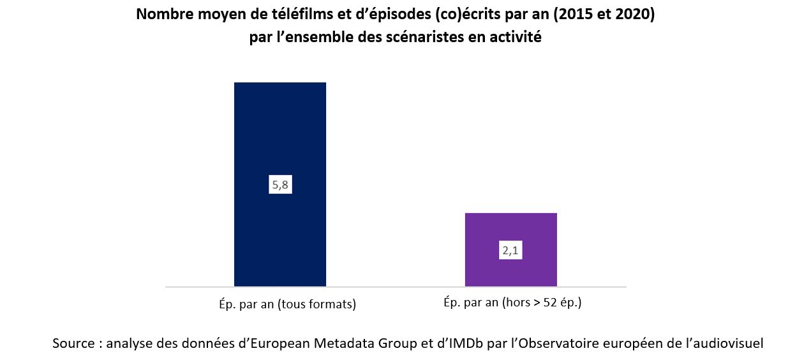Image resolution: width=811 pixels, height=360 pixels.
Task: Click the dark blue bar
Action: coord(280,128)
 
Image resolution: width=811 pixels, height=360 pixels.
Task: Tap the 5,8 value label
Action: coord(280,185)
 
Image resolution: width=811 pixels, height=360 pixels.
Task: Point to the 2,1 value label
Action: coord(510,251)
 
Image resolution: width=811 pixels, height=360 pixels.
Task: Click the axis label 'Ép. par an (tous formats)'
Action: coord(283,304)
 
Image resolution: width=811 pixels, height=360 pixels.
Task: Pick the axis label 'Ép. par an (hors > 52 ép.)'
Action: coord(512,303)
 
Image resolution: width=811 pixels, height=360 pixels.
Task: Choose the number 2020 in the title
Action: coord(632,15)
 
